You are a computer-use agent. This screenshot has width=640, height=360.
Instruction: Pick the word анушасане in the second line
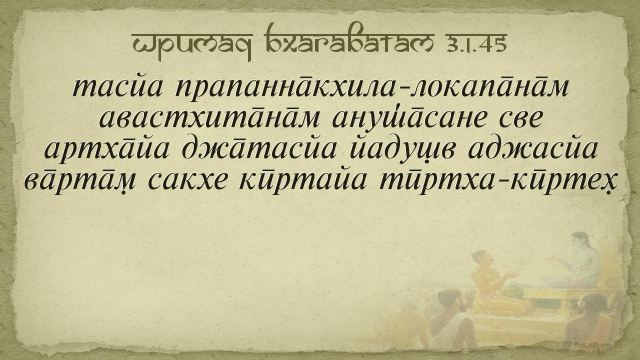pyautogui.click(x=409, y=119)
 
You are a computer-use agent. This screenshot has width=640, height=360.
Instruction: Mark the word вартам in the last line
pyautogui.click(x=79, y=180)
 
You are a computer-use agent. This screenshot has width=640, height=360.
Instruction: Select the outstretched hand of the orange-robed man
pyautogui.click(x=511, y=275)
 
